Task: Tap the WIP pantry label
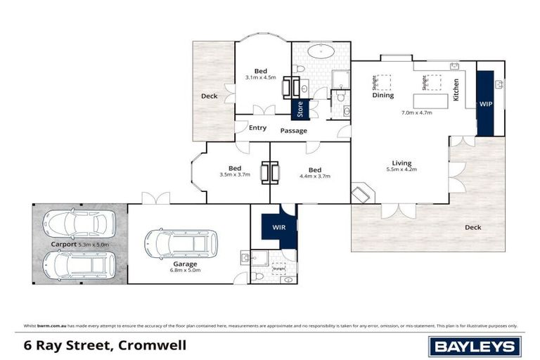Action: [486, 103]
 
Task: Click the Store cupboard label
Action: [300, 110]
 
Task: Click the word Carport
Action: [63, 244]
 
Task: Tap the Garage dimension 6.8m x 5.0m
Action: [186, 269]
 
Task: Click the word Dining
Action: [383, 96]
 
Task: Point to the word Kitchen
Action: [456, 90]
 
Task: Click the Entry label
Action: [258, 127]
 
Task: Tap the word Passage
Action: [294, 130]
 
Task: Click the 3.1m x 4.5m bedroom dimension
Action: [260, 77]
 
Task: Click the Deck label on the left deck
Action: [209, 96]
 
